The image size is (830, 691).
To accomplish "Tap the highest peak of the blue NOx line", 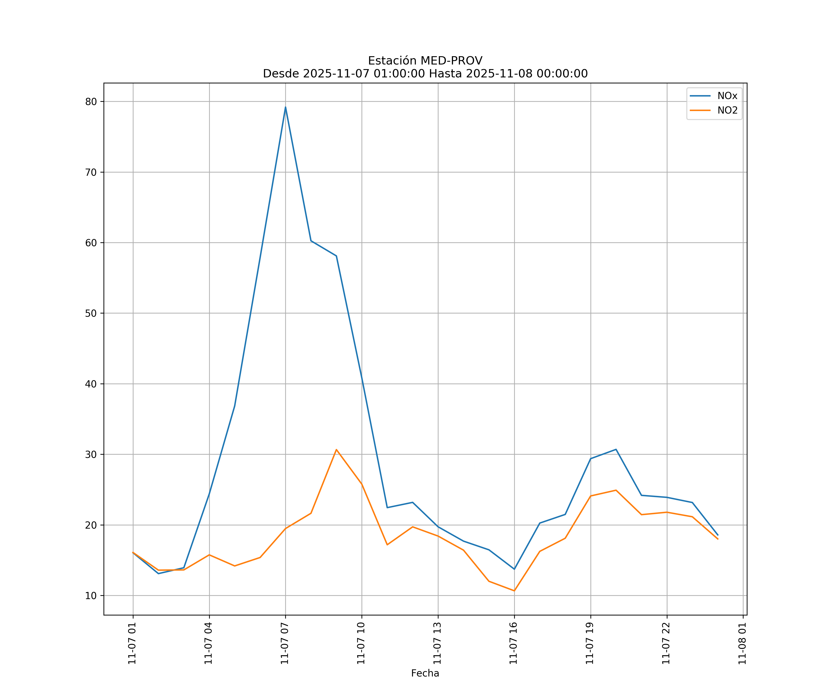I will [285, 107].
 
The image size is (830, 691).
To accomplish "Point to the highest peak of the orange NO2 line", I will [336, 449].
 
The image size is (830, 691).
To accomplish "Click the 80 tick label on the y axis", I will [91, 102].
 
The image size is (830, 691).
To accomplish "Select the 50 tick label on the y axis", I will [91, 313].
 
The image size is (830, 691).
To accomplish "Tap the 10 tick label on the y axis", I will [91, 595].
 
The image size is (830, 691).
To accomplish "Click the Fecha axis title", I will [425, 673].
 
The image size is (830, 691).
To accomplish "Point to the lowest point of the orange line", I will [514, 591].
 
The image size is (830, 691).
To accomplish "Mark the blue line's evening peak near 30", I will [616, 449].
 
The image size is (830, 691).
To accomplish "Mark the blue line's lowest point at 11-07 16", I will [514, 569].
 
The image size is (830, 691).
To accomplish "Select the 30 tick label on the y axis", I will [91, 454].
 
